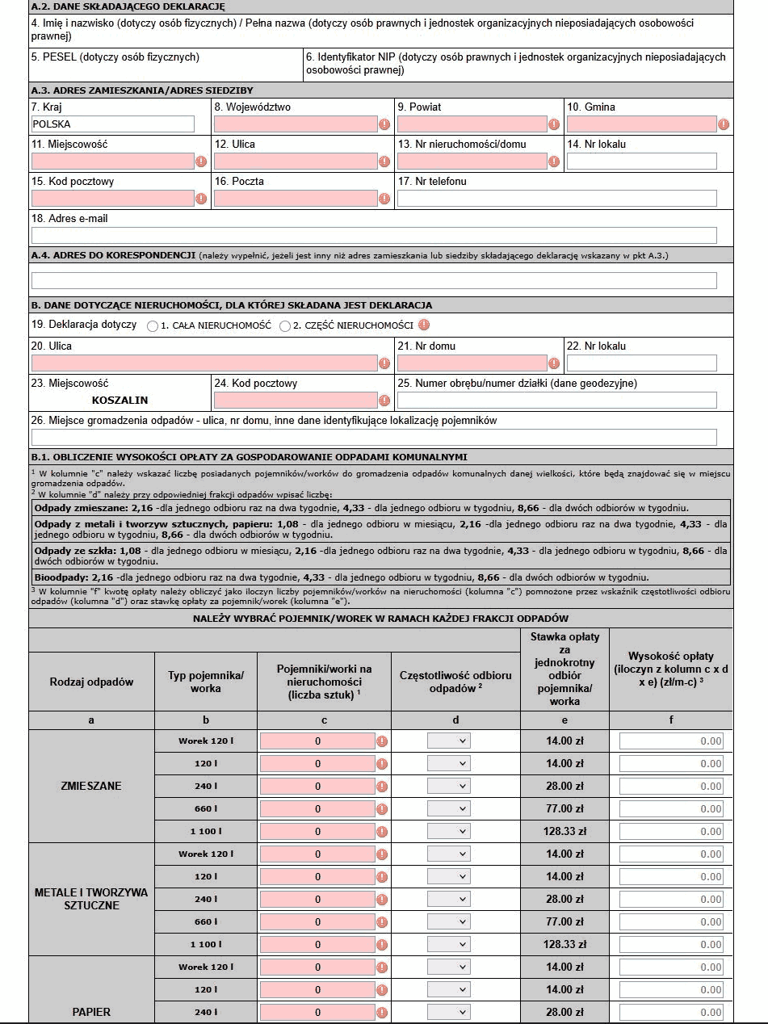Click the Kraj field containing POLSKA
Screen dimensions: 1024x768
pos(112,124)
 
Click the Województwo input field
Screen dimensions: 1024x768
pos(296,124)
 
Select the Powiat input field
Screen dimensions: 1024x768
pos(472,124)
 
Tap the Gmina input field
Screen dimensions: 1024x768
pos(642,124)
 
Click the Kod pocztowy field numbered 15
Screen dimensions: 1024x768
pos(112,199)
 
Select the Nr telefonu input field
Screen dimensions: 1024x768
pos(556,199)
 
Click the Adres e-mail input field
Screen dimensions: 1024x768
pos(374,236)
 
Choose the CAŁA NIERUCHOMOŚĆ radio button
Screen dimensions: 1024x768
pos(153,326)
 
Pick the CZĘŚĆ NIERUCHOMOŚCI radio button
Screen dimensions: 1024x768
pos(284,326)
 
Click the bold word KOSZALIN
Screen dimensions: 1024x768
pos(120,401)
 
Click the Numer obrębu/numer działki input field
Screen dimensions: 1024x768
pos(556,401)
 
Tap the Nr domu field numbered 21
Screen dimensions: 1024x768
pos(472,363)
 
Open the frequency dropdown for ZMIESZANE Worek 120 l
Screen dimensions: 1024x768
pos(449,741)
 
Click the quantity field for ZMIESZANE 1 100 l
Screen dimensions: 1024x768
pos(317,832)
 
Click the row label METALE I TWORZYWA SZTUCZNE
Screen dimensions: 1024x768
pos(91,899)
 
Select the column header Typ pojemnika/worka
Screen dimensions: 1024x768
pos(205,682)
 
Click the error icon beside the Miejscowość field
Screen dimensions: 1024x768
pos(201,162)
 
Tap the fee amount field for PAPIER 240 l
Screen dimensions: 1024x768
pos(671,1013)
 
